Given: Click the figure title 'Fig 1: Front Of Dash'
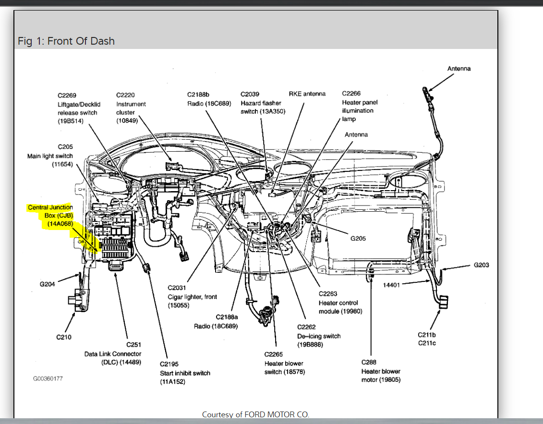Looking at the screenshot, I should click(66, 41).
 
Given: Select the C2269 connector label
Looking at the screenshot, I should click(67, 95).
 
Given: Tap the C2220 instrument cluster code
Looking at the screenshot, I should click(125, 95).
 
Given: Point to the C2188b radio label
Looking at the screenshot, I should click(198, 94).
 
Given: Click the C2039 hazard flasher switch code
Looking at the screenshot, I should click(250, 94).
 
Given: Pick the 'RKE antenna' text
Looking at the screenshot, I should click(307, 94).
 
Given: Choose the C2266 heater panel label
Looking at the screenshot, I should click(351, 94).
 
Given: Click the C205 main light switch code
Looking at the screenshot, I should click(65, 147).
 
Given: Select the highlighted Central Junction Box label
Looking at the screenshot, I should click(50, 216).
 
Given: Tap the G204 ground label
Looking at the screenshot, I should click(47, 284).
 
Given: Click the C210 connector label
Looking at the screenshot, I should click(64, 337).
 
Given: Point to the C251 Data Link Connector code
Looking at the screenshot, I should click(133, 345).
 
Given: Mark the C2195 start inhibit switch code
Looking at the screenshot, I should click(169, 364).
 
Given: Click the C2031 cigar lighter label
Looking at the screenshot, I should click(176, 288).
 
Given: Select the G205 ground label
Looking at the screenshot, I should click(358, 238).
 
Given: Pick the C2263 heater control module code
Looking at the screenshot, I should click(328, 294).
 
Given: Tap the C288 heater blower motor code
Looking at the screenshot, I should click(369, 362).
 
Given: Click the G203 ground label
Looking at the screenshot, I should click(481, 265).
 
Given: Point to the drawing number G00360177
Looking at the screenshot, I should click(48, 378).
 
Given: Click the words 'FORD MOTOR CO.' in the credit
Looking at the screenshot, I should click(277, 414).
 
